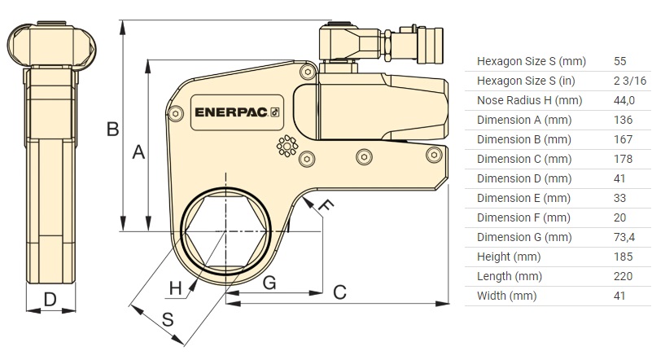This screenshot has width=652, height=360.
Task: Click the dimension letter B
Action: [113, 128]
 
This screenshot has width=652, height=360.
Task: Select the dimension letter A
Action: [138, 152]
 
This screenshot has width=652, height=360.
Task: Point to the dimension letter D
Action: [50, 299]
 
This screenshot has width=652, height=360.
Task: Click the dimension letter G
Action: [269, 283]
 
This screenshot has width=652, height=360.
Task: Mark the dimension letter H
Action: [175, 287]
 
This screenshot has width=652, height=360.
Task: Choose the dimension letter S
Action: [168, 320]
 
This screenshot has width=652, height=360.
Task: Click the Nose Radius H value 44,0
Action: [624, 100]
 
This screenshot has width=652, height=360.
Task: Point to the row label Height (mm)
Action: [505, 257]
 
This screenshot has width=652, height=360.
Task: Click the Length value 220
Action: [623, 276]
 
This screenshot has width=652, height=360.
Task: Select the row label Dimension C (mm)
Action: [524, 159]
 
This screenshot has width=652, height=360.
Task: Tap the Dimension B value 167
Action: [623, 139]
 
